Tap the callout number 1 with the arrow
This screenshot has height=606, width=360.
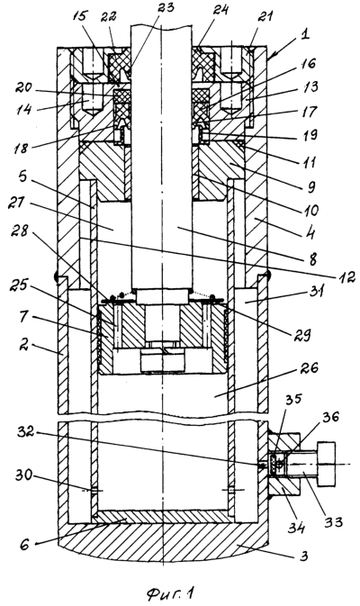pos(305,34)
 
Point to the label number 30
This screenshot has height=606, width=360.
pos(25,475)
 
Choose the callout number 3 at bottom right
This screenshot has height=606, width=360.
pos(304,556)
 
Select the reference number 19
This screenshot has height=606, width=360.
pos(309,134)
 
